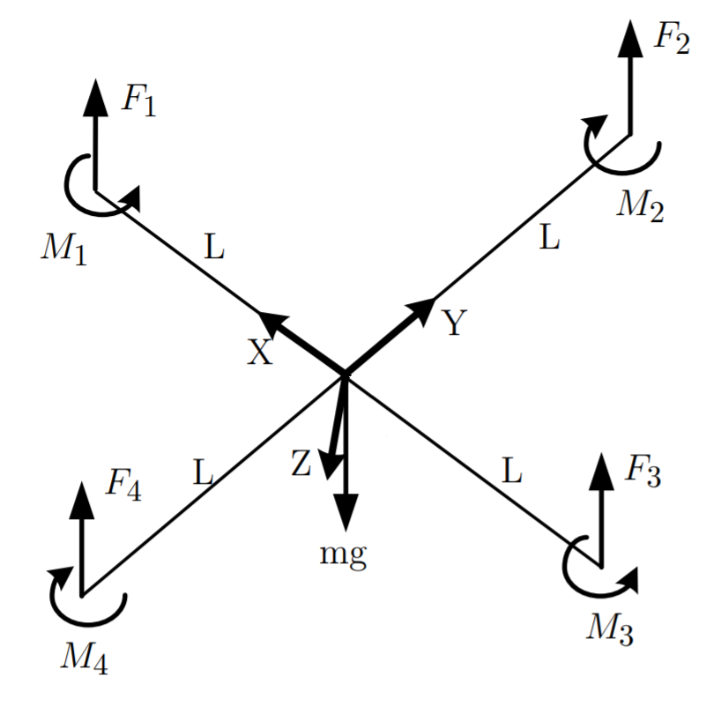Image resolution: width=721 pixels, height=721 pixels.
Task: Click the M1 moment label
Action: [x=63, y=249]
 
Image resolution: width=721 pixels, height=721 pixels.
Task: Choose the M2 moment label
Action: [x=640, y=204]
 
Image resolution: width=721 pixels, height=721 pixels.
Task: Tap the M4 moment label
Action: [x=85, y=657]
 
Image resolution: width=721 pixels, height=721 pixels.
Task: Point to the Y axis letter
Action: [x=453, y=324]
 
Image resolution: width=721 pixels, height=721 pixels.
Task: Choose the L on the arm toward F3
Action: [x=512, y=472]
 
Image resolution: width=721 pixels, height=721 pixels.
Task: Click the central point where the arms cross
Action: [x=345, y=374]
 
